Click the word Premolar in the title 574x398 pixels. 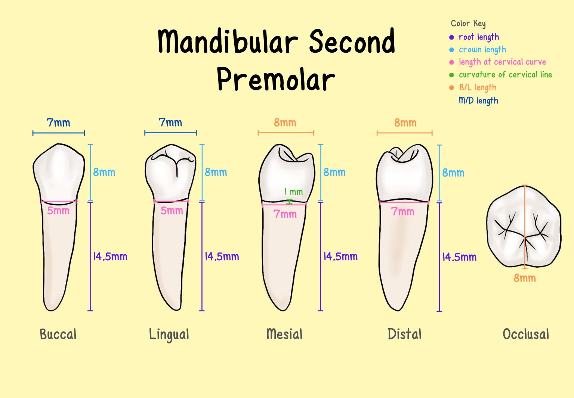click(276, 80)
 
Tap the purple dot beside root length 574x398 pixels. click(451, 37)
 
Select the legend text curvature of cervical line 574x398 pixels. click(505, 75)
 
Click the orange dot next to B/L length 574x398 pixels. click(451, 87)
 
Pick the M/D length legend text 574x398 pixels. click(478, 100)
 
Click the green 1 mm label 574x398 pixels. click(294, 192)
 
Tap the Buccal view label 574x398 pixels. click(58, 334)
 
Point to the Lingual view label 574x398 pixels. click(169, 335)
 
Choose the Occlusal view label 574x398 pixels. click(526, 334)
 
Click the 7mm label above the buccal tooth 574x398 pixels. click(58, 123)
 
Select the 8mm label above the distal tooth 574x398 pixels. click(405, 123)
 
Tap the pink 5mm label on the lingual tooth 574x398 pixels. click(172, 211)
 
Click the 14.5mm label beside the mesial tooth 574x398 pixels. click(340, 256)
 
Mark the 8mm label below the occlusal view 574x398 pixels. click(525, 278)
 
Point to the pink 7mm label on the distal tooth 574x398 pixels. click(402, 212)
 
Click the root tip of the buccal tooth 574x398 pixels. click(50, 308)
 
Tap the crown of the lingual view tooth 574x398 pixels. click(170, 172)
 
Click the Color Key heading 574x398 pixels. click(468, 24)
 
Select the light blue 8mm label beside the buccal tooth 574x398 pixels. click(104, 172)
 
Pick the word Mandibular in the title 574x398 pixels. click(228, 42)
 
